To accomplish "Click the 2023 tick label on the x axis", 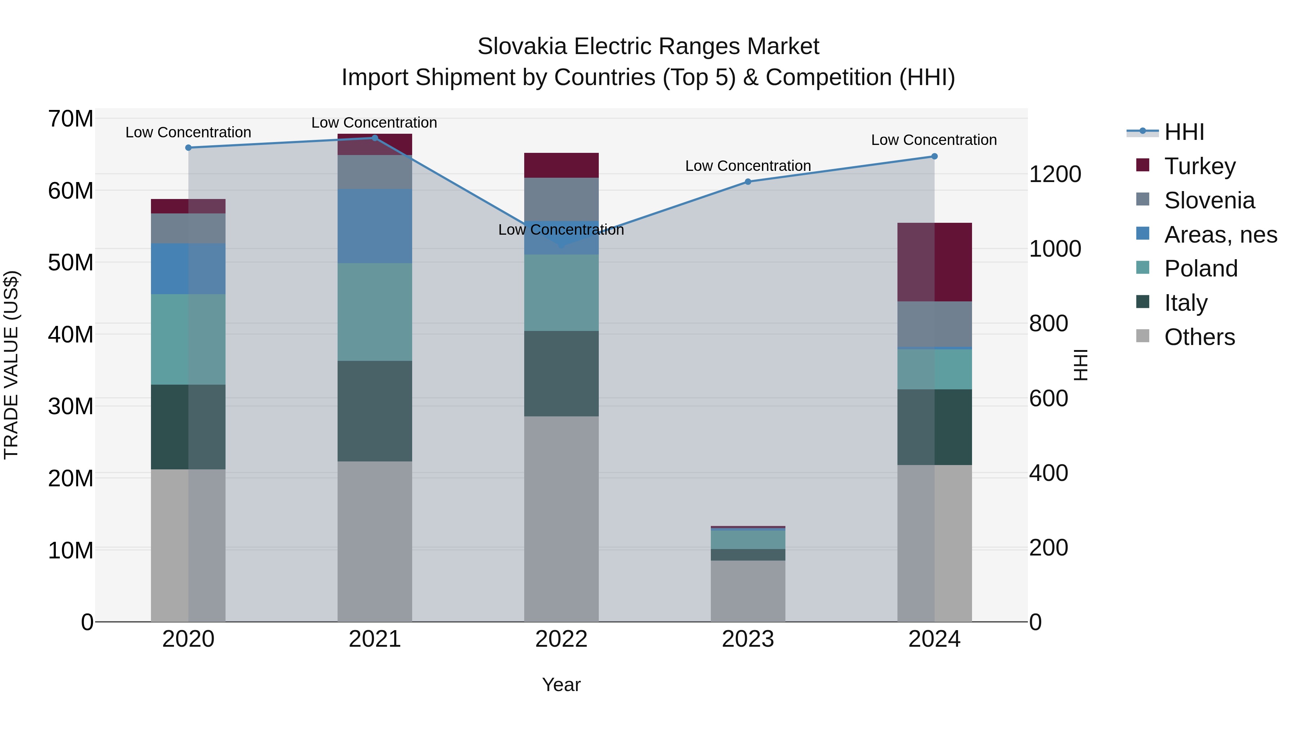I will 748,639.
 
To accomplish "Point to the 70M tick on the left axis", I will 71,119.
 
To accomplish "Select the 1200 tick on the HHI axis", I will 1055,174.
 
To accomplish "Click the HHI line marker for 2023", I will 748,181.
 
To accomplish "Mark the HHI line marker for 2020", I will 188,147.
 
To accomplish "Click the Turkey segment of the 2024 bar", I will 935,262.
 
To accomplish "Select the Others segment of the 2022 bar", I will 561,519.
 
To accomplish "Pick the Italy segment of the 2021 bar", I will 375,411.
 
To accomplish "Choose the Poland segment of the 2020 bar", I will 188,340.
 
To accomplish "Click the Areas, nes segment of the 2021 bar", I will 375,226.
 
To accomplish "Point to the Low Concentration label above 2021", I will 374,123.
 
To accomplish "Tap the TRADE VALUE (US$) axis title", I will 12,365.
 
